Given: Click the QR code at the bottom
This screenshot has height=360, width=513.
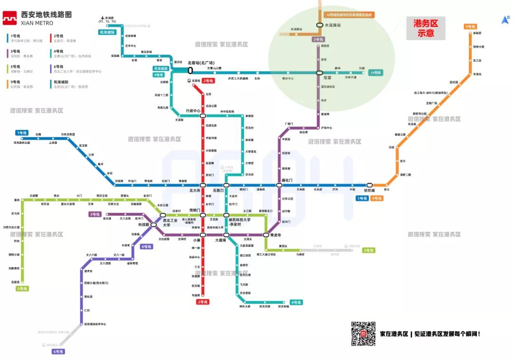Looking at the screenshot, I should [x=363, y=333].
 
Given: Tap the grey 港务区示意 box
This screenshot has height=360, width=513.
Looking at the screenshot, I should [x=426, y=28].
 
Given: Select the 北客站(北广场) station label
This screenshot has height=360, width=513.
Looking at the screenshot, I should [x=201, y=63].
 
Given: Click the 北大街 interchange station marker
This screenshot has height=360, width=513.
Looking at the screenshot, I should [x=203, y=185].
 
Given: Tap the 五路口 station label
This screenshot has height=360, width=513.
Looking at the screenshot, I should [x=218, y=190].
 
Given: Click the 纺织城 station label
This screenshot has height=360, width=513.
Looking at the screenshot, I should [x=370, y=191].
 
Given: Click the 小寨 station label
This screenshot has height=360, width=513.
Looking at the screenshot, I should [x=197, y=240].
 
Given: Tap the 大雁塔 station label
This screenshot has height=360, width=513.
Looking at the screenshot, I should [x=220, y=240].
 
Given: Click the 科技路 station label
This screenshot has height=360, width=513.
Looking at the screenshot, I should [x=144, y=225].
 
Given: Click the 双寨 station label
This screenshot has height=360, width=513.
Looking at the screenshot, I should [x=327, y=77].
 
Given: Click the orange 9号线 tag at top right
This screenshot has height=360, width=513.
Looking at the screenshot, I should [x=470, y=27].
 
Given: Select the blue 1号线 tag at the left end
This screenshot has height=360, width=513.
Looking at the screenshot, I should [x=21, y=133].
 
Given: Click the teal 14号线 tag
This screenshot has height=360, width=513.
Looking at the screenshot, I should [x=376, y=73].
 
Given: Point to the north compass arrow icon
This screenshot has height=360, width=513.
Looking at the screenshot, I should [x=505, y=19].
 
